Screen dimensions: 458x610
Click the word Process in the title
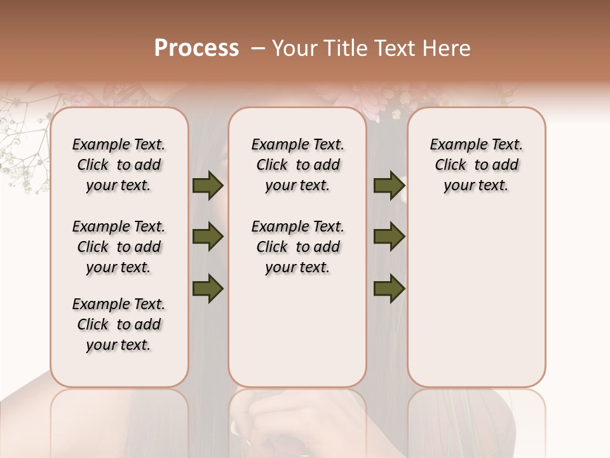[x=196, y=48]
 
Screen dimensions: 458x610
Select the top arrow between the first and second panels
[x=208, y=186]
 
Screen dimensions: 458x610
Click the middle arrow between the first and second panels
[x=208, y=237]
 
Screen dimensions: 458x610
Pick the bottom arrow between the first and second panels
[x=208, y=288]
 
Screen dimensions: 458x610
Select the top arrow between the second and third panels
[x=389, y=186]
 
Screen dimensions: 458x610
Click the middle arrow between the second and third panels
[x=389, y=237]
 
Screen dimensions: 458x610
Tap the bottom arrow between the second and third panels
[x=389, y=288]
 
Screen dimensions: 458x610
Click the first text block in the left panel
[x=119, y=165]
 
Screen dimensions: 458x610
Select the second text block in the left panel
[x=119, y=247]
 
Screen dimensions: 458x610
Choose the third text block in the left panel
[x=119, y=324]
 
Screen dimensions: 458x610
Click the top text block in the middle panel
[x=297, y=165]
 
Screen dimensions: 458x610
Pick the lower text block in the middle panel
[x=297, y=247]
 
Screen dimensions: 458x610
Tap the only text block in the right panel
[x=477, y=165]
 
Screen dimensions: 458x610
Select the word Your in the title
[x=294, y=48]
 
